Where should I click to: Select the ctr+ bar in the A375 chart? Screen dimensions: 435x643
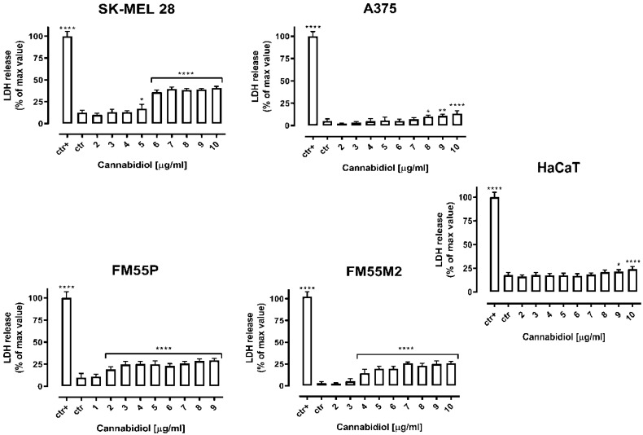tap(311, 81)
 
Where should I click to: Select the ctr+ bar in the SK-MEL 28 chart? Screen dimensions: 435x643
tap(68, 80)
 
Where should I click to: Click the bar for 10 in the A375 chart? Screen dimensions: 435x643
tap(457, 119)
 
